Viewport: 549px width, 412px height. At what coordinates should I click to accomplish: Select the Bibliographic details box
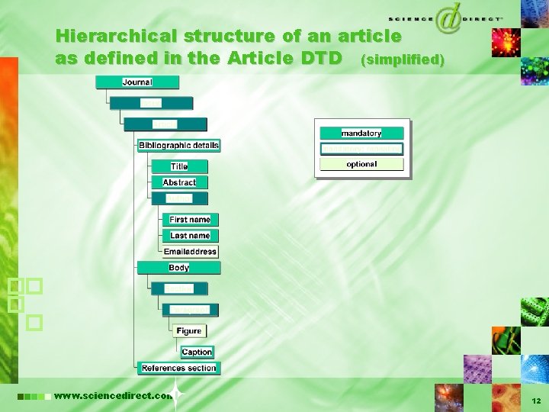178,145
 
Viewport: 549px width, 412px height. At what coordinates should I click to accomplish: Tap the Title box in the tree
179,166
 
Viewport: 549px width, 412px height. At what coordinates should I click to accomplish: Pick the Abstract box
179,182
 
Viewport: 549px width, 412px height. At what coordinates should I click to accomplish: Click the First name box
190,220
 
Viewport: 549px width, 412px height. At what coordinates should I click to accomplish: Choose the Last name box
190,236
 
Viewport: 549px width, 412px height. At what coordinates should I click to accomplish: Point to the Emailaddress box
190,252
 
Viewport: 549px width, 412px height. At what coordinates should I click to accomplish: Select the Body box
178,268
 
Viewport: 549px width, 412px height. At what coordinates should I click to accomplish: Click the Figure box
188,331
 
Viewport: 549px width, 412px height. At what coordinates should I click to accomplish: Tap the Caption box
197,352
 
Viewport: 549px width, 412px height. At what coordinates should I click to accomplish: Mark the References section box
178,368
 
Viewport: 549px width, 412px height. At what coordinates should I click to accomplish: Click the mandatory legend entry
361,134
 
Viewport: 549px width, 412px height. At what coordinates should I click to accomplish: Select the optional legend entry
361,164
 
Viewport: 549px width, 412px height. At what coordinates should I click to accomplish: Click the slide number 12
536,400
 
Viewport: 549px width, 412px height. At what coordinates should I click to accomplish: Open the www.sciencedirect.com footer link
113,396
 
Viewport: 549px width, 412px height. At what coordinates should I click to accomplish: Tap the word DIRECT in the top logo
481,17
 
